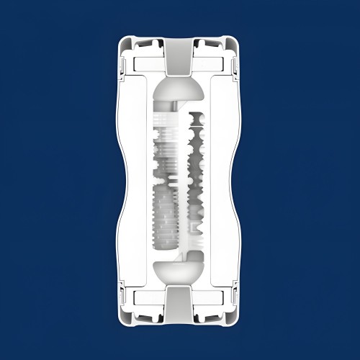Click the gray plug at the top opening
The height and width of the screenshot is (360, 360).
pyautogui.click(x=179, y=57)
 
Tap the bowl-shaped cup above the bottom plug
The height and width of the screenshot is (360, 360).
pyautogui.click(x=179, y=272)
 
